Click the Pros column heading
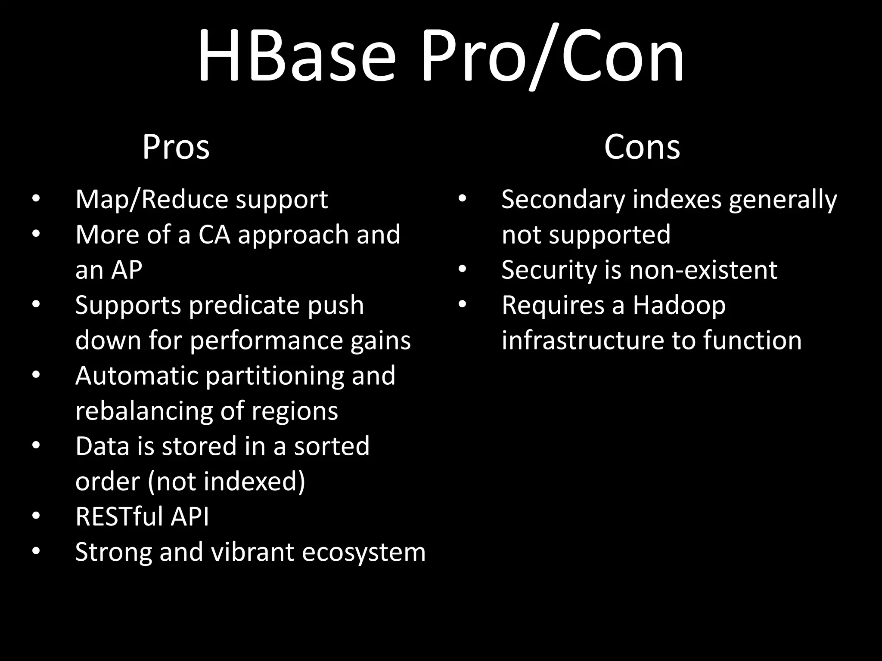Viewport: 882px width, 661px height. tap(176, 147)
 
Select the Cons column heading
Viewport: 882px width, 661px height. tap(642, 147)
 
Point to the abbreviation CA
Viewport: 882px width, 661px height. tap(214, 235)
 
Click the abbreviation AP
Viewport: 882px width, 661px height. tap(126, 270)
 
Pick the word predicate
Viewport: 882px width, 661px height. tap(244, 306)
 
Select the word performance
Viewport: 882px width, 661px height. tap(266, 340)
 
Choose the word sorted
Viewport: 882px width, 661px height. tap(332, 446)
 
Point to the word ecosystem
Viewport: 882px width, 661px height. tap(363, 552)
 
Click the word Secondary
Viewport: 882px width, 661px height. tap(563, 200)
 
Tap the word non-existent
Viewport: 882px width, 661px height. tap(703, 270)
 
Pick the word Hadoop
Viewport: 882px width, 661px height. tap(679, 306)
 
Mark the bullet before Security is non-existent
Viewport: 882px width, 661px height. tap(462, 269)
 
